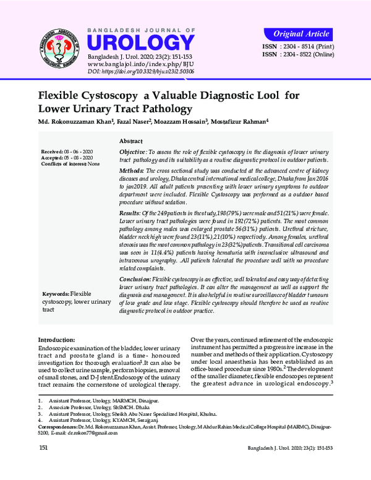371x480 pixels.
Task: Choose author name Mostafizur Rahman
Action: pos(242,122)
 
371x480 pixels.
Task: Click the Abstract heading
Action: pos(131,142)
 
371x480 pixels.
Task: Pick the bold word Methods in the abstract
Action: pos(131,169)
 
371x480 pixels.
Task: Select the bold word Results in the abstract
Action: pos(130,212)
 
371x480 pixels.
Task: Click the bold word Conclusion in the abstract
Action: pos(135,280)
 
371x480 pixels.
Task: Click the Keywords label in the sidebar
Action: pos(55,293)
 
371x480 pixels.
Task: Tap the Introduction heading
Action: pos(58,340)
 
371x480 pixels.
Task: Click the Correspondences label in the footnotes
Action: pos(61,427)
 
